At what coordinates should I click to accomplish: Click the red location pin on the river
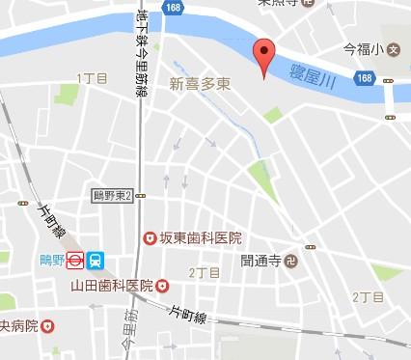tap(262, 55)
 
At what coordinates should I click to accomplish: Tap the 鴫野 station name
tap(64, 259)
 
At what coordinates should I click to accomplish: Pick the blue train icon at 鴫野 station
tap(96, 260)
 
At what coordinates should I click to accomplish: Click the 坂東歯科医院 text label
tap(202, 237)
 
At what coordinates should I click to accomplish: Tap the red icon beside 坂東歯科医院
tap(150, 237)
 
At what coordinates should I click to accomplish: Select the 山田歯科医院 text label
tap(111, 285)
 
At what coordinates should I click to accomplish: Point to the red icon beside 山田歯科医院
tap(162, 285)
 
